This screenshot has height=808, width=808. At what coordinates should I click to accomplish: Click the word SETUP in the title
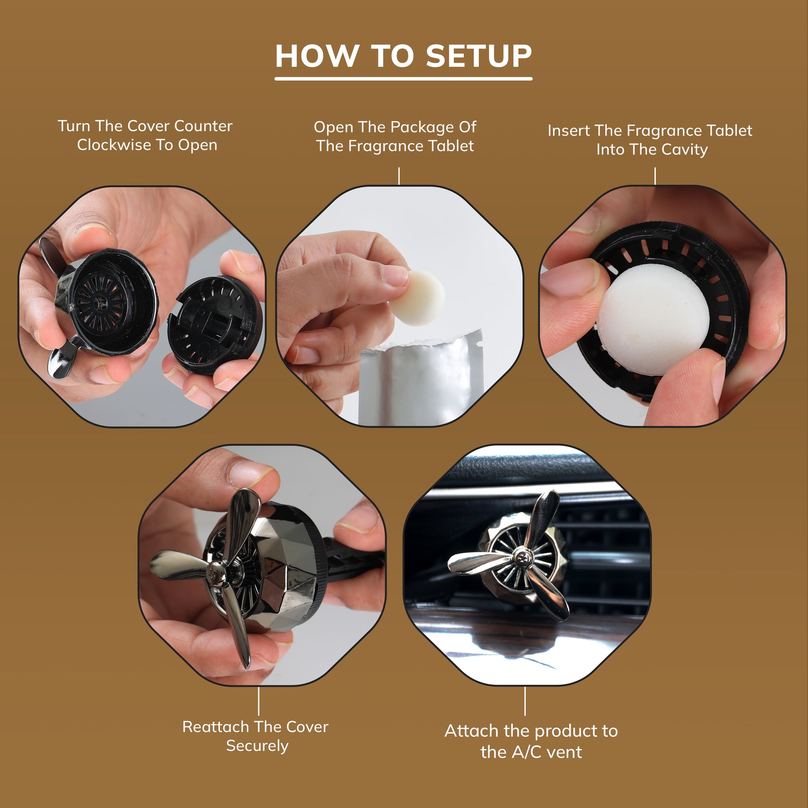click(479, 56)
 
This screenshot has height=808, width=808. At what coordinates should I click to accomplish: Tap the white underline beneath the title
click(403, 78)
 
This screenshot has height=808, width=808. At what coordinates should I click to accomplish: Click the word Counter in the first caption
click(203, 126)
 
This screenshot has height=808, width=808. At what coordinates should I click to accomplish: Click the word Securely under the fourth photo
click(257, 746)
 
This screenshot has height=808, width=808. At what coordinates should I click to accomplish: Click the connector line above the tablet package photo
click(399, 176)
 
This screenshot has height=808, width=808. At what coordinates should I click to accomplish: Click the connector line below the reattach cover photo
click(258, 701)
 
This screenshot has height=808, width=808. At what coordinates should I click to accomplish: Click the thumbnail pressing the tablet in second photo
click(395, 276)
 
